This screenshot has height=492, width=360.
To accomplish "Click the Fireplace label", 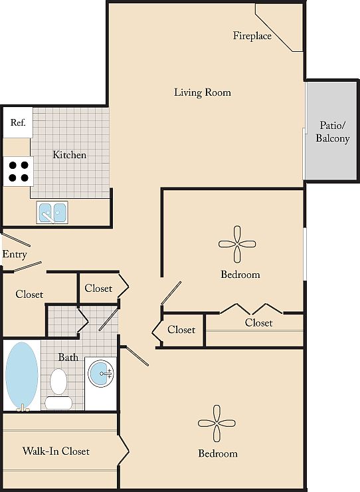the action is click(252, 36).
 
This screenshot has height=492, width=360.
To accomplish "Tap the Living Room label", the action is click(203, 92).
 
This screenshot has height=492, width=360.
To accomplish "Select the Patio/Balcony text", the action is click(332, 132).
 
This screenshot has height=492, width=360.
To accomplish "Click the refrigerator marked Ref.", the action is click(18, 122).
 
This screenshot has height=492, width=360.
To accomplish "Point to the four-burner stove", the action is click(18, 172).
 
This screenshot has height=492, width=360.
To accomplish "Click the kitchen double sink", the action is click(52, 213).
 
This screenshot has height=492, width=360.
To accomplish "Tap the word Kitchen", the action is click(69, 155).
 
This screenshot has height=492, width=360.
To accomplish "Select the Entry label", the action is click(15, 254).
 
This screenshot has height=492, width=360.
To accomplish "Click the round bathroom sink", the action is click(101, 374).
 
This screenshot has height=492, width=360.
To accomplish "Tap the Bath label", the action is click(68, 357).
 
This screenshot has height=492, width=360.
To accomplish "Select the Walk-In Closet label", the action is click(56, 451).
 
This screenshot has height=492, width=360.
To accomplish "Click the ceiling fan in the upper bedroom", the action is click(237, 244).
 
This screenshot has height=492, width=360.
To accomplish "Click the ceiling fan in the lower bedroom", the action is click(217, 424).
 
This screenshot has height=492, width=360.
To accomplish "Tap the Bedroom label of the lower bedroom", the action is click(218, 453).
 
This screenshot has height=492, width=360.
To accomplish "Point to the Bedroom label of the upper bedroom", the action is click(240, 275).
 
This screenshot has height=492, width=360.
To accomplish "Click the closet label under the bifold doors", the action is click(258, 322).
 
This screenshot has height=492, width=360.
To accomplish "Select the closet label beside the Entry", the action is click(29, 295).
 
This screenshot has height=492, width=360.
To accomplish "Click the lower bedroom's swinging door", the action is click(135, 356).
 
